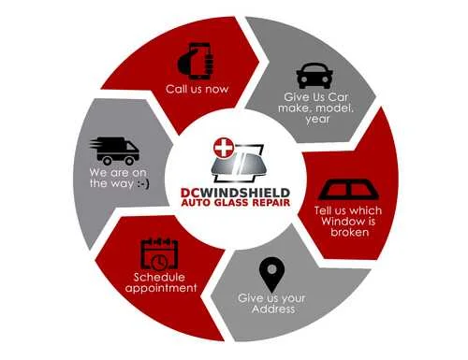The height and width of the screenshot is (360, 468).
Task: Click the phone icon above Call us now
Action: click(x=196, y=63)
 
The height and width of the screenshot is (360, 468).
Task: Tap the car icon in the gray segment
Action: click(x=314, y=76)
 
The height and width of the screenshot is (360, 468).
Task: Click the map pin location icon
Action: click(x=271, y=274)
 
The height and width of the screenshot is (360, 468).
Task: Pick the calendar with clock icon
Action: click(x=159, y=253)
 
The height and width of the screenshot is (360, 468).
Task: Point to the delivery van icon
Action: click(x=115, y=151)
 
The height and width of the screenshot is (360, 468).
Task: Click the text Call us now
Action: click(x=197, y=90)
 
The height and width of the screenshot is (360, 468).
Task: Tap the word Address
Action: click(x=273, y=310)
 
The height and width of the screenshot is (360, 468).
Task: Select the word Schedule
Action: click(x=160, y=278)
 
